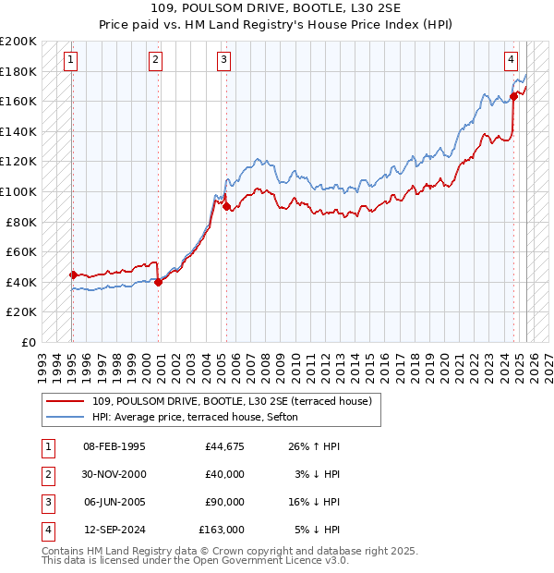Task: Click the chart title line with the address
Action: pyautogui.click(x=276, y=9)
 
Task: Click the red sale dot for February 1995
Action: pyautogui.click(x=73, y=274)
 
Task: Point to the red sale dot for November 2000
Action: pyautogui.click(x=159, y=282)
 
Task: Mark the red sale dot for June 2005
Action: pyautogui.click(x=226, y=207)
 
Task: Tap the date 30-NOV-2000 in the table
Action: pyautogui.click(x=114, y=474)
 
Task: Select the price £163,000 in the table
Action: pyautogui.click(x=222, y=530)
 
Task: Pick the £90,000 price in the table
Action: pyautogui.click(x=224, y=502)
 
